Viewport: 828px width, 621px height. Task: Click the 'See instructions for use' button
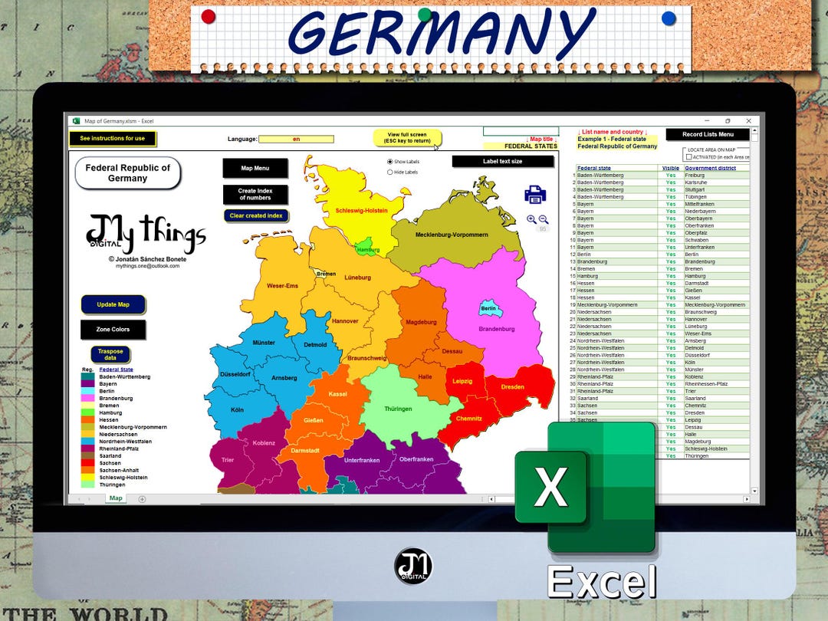click(x=112, y=139)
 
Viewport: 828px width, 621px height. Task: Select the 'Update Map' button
click(x=113, y=304)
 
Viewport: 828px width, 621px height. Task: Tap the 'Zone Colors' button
click(x=113, y=330)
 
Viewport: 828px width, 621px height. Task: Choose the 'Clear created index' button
click(x=256, y=215)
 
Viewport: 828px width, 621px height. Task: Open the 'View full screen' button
click(x=408, y=138)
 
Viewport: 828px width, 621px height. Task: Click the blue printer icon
click(x=535, y=195)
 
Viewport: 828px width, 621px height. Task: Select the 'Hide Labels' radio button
click(x=390, y=172)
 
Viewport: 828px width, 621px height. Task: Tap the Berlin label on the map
click(x=488, y=309)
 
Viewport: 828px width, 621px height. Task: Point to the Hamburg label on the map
click(x=368, y=250)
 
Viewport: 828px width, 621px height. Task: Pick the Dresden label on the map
click(x=512, y=387)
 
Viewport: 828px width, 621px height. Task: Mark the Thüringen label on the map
click(x=398, y=409)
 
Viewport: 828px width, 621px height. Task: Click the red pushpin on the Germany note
click(x=208, y=16)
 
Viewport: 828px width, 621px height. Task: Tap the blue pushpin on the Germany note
click(x=669, y=18)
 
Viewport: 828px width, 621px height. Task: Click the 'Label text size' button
click(x=502, y=161)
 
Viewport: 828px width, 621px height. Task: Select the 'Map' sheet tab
click(x=116, y=498)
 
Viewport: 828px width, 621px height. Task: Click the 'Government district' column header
click(x=710, y=168)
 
